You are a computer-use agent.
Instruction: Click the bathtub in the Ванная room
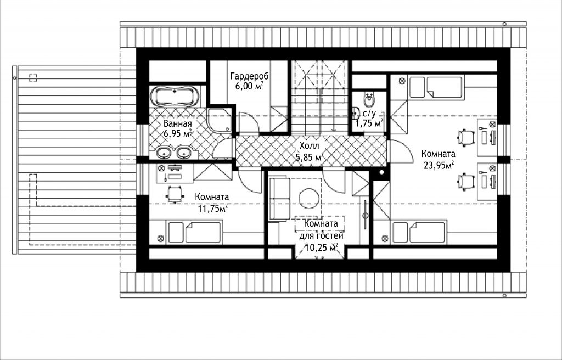pyautogui.click(x=175, y=96)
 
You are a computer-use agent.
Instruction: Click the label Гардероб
pyautogui.click(x=250, y=76)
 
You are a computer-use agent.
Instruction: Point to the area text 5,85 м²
pyautogui.click(x=310, y=157)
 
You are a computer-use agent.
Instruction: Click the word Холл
pyautogui.click(x=310, y=146)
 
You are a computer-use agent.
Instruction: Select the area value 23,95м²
pyautogui.click(x=438, y=165)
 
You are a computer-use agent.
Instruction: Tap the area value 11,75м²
pyautogui.click(x=213, y=209)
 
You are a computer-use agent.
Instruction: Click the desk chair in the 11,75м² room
pyautogui.click(x=174, y=194)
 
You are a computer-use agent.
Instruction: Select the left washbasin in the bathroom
pyautogui.click(x=164, y=153)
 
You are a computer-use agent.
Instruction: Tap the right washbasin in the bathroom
pyautogui.click(x=184, y=153)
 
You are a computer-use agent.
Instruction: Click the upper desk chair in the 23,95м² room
pyautogui.click(x=466, y=138)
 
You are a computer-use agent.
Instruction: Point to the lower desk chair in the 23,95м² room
pyautogui.click(x=466, y=181)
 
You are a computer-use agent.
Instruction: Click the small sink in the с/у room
pyautogui.click(x=356, y=113)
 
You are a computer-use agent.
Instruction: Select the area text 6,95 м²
pyautogui.click(x=178, y=134)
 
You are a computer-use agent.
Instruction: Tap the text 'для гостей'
pyautogui.click(x=321, y=236)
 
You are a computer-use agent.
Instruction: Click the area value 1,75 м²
pyautogui.click(x=369, y=123)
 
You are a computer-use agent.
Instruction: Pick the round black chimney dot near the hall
pyautogui.click(x=382, y=172)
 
